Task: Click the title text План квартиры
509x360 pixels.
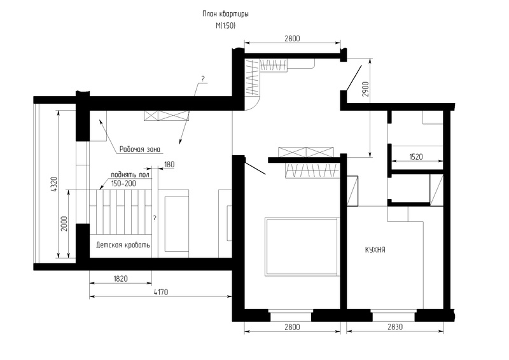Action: (226, 14)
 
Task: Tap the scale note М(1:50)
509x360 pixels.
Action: (226, 25)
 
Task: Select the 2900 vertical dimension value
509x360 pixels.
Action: (366, 89)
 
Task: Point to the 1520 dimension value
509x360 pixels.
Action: (416, 157)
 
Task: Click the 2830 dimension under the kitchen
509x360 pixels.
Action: (395, 326)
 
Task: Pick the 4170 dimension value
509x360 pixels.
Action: (161, 292)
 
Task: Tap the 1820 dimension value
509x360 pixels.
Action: (120, 279)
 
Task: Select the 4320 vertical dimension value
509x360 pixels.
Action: (54, 184)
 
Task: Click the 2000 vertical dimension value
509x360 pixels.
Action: (65, 224)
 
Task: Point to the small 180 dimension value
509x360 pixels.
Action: (169, 165)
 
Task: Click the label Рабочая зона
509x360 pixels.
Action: (140, 149)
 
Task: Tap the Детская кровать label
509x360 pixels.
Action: (123, 245)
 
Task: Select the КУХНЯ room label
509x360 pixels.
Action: (375, 250)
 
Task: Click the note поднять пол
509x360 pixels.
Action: (130, 175)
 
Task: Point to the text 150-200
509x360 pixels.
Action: (123, 184)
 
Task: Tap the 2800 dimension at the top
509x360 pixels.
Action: (292, 39)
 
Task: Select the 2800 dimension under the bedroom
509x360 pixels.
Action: (292, 327)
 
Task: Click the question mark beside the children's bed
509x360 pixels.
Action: (155, 218)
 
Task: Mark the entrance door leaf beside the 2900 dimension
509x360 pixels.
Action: (354, 78)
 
